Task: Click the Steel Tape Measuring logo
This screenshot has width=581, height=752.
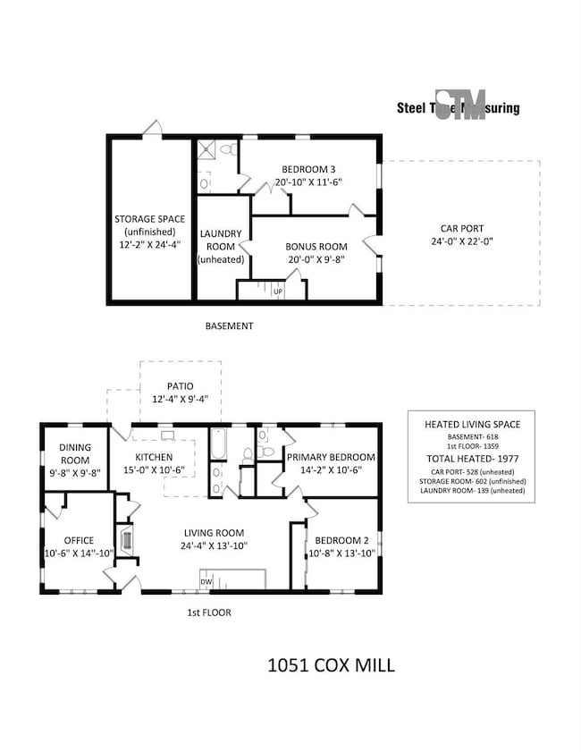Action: click(458, 106)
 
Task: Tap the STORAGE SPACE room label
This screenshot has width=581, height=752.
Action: click(150, 218)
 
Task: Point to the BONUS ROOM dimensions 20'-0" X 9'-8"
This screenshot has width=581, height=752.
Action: click(314, 259)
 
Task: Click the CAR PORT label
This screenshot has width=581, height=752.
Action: click(461, 227)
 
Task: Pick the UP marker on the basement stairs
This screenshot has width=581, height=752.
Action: click(277, 292)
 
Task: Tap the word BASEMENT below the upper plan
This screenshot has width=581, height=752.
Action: click(230, 326)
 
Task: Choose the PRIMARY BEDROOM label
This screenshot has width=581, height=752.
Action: click(331, 456)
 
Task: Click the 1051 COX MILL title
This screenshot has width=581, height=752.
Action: click(331, 665)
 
